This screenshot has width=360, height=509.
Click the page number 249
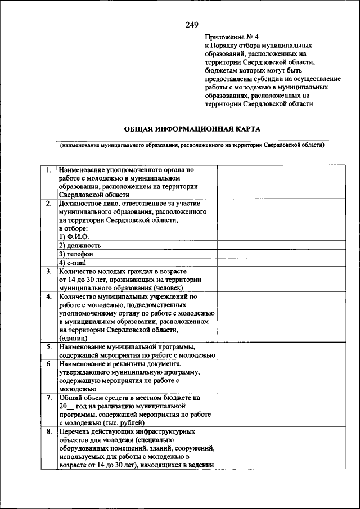(x=192, y=24)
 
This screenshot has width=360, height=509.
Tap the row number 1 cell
(x=49, y=169)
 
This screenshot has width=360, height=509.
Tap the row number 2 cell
(x=49, y=203)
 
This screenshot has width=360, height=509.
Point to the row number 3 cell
(x=49, y=271)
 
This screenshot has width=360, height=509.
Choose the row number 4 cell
(x=49, y=296)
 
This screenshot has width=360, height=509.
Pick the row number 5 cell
(x=49, y=346)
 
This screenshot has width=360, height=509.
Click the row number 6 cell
(x=49, y=364)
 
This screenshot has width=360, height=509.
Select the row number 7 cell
(x=49, y=398)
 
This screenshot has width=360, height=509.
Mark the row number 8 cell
(x=49, y=431)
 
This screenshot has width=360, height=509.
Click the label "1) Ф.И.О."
(x=74, y=237)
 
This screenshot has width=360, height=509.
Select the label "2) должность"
(x=80, y=245)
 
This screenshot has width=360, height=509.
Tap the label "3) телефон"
(x=76, y=254)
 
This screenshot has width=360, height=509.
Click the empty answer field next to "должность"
(x=273, y=245)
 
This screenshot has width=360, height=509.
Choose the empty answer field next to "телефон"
(x=273, y=254)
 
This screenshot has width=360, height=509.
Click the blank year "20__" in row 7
(x=66, y=406)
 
